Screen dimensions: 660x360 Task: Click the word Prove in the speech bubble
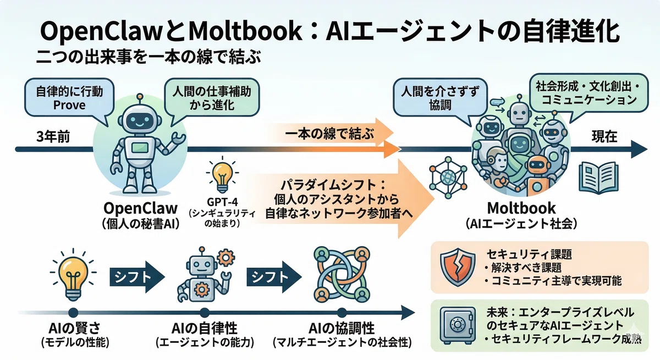[x=69, y=105]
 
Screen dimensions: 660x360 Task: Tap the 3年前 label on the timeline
[x=53, y=137]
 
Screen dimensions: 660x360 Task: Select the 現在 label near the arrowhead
[x=604, y=137]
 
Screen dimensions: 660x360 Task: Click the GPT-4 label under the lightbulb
[x=222, y=202]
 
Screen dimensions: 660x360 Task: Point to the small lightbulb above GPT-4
[x=222, y=176]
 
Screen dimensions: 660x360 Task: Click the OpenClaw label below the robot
[x=141, y=208]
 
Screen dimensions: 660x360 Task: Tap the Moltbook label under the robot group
[x=521, y=208]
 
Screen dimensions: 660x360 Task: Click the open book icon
[x=598, y=178]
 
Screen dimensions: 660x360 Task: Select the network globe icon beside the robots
[x=448, y=178]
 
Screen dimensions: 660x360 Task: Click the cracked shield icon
[x=457, y=267]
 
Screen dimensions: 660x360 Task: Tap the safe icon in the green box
[x=458, y=325]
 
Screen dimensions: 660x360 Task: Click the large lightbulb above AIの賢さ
[x=73, y=275]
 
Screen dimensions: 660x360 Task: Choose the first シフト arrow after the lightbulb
[x=137, y=277]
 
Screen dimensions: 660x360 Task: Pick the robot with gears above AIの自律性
[x=205, y=275]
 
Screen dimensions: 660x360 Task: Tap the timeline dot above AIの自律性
[x=204, y=313]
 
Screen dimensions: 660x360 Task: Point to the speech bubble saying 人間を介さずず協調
[x=440, y=100]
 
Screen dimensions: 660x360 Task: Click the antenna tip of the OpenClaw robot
[x=140, y=96]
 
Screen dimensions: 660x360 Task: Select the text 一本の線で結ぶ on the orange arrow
[x=329, y=134]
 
